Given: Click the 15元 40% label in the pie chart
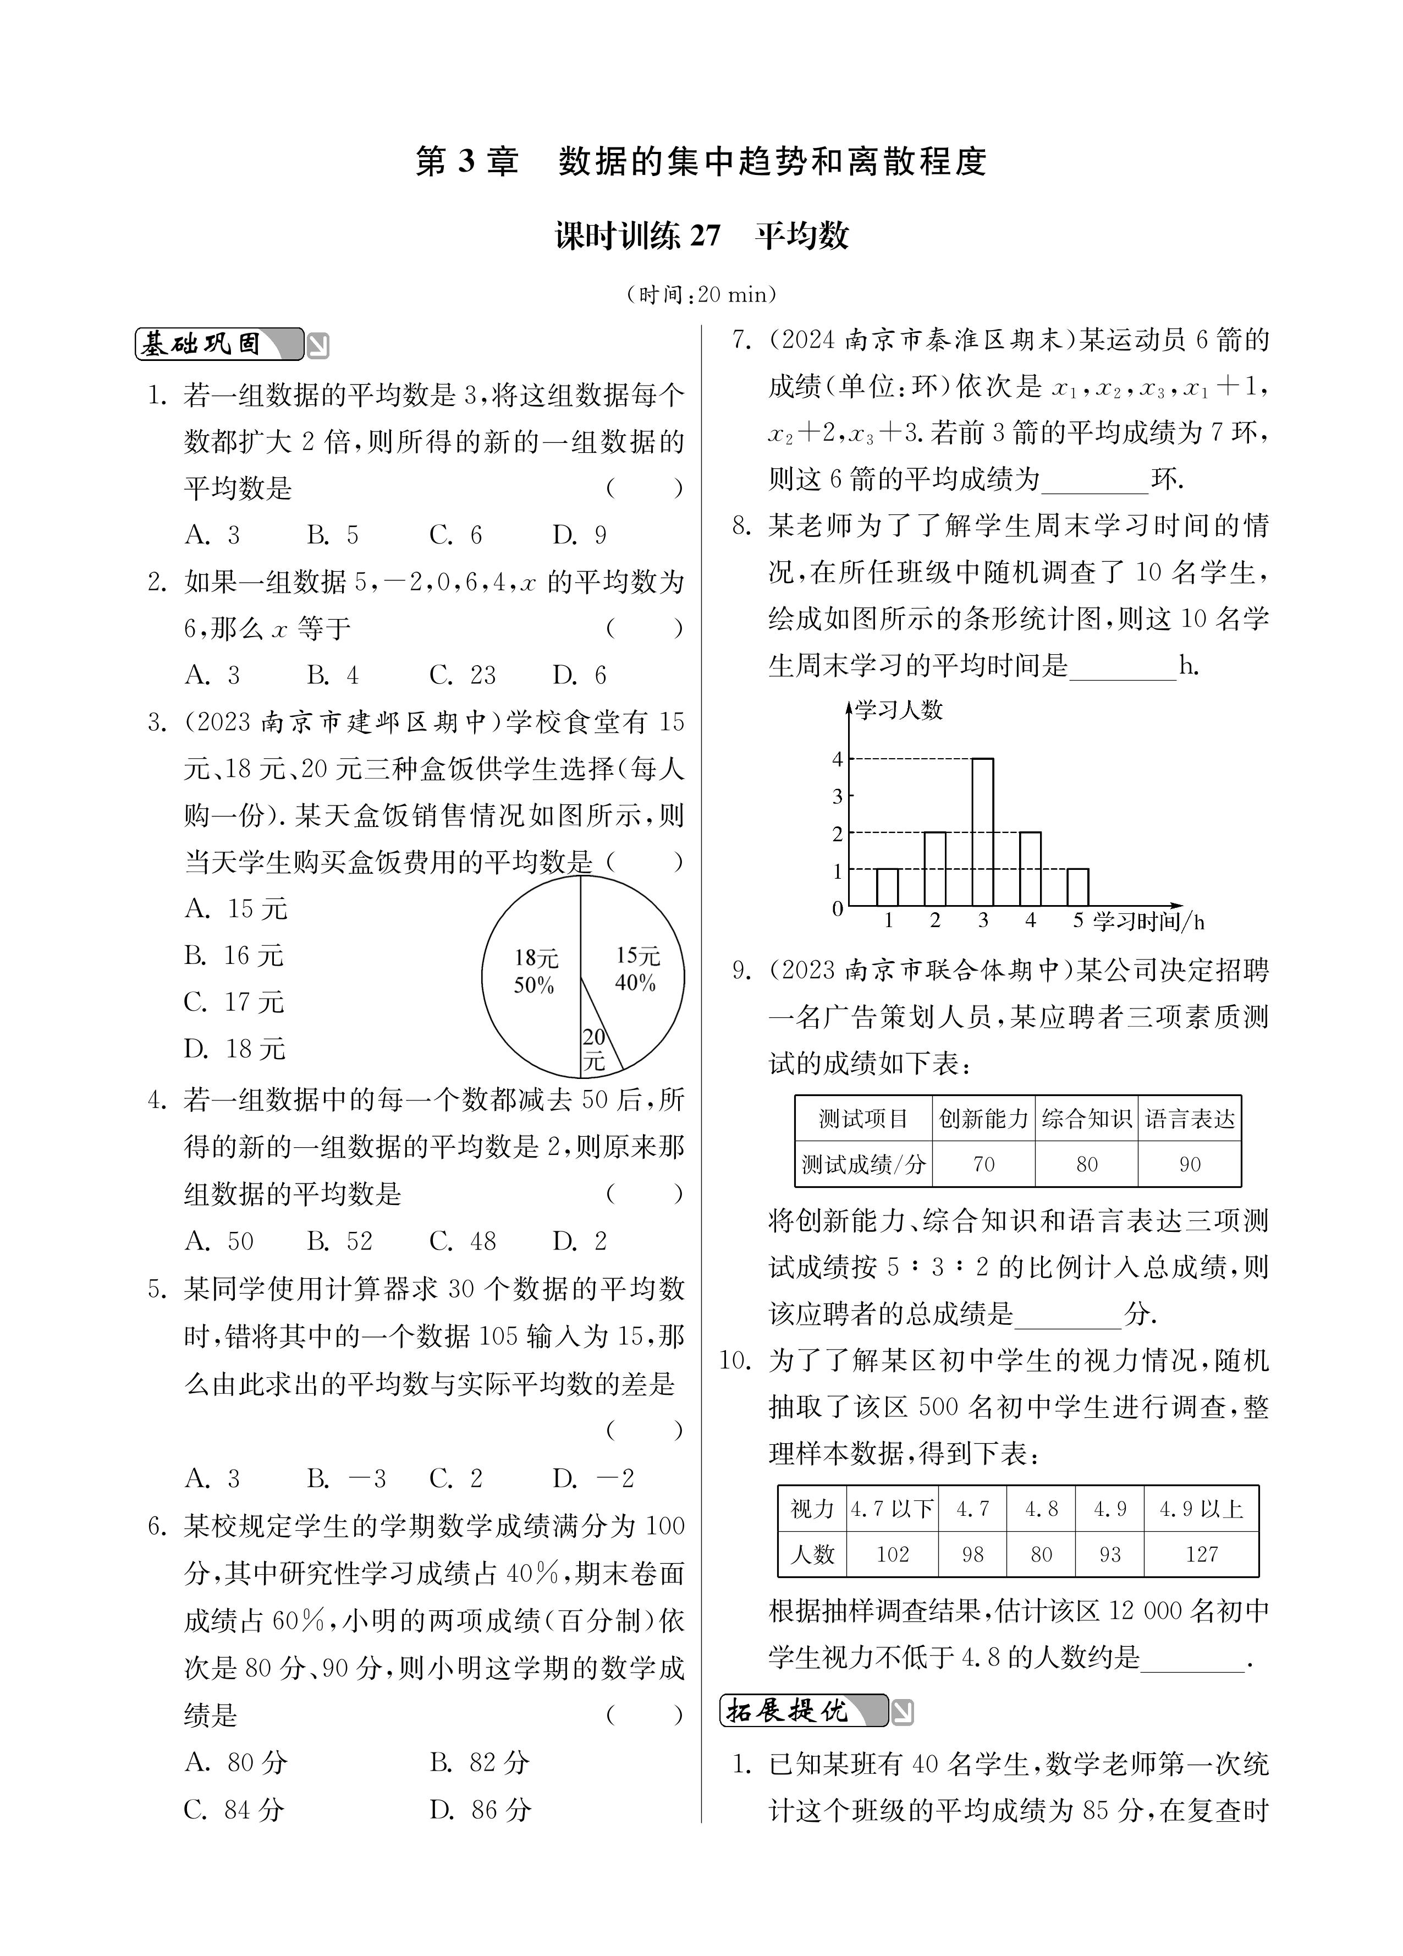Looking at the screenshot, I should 636,968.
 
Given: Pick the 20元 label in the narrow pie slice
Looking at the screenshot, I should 594,1050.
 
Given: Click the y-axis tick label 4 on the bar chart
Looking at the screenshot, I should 837,759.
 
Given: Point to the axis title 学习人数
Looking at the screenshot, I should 899,710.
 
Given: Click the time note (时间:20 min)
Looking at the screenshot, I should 701,295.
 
